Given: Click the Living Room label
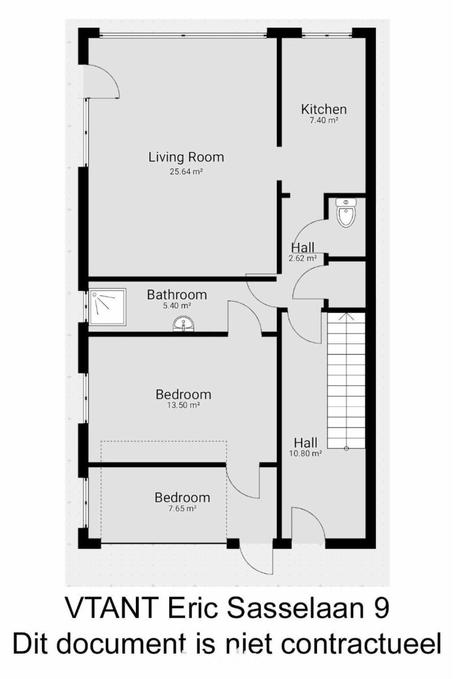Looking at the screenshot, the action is point(186,157).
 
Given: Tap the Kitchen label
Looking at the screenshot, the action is point(324,109).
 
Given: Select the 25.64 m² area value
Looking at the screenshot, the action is point(186,171).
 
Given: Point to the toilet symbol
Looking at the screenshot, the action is point(346,213).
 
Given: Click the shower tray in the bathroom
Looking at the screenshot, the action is point(108,307).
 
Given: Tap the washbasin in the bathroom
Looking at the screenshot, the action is point(183,324).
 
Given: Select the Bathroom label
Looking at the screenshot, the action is point(177,295).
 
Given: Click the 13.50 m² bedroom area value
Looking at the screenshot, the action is point(183,405).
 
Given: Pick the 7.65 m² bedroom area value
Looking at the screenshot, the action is point(183,508).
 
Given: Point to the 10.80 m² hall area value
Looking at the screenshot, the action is point(305,453).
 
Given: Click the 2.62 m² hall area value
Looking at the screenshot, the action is point(303,258).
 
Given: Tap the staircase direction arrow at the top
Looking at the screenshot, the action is point(346,316).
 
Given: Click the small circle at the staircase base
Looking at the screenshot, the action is point(346,448).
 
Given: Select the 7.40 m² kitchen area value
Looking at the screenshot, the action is point(324,121).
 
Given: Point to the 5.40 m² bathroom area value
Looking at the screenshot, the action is point(177,306).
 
